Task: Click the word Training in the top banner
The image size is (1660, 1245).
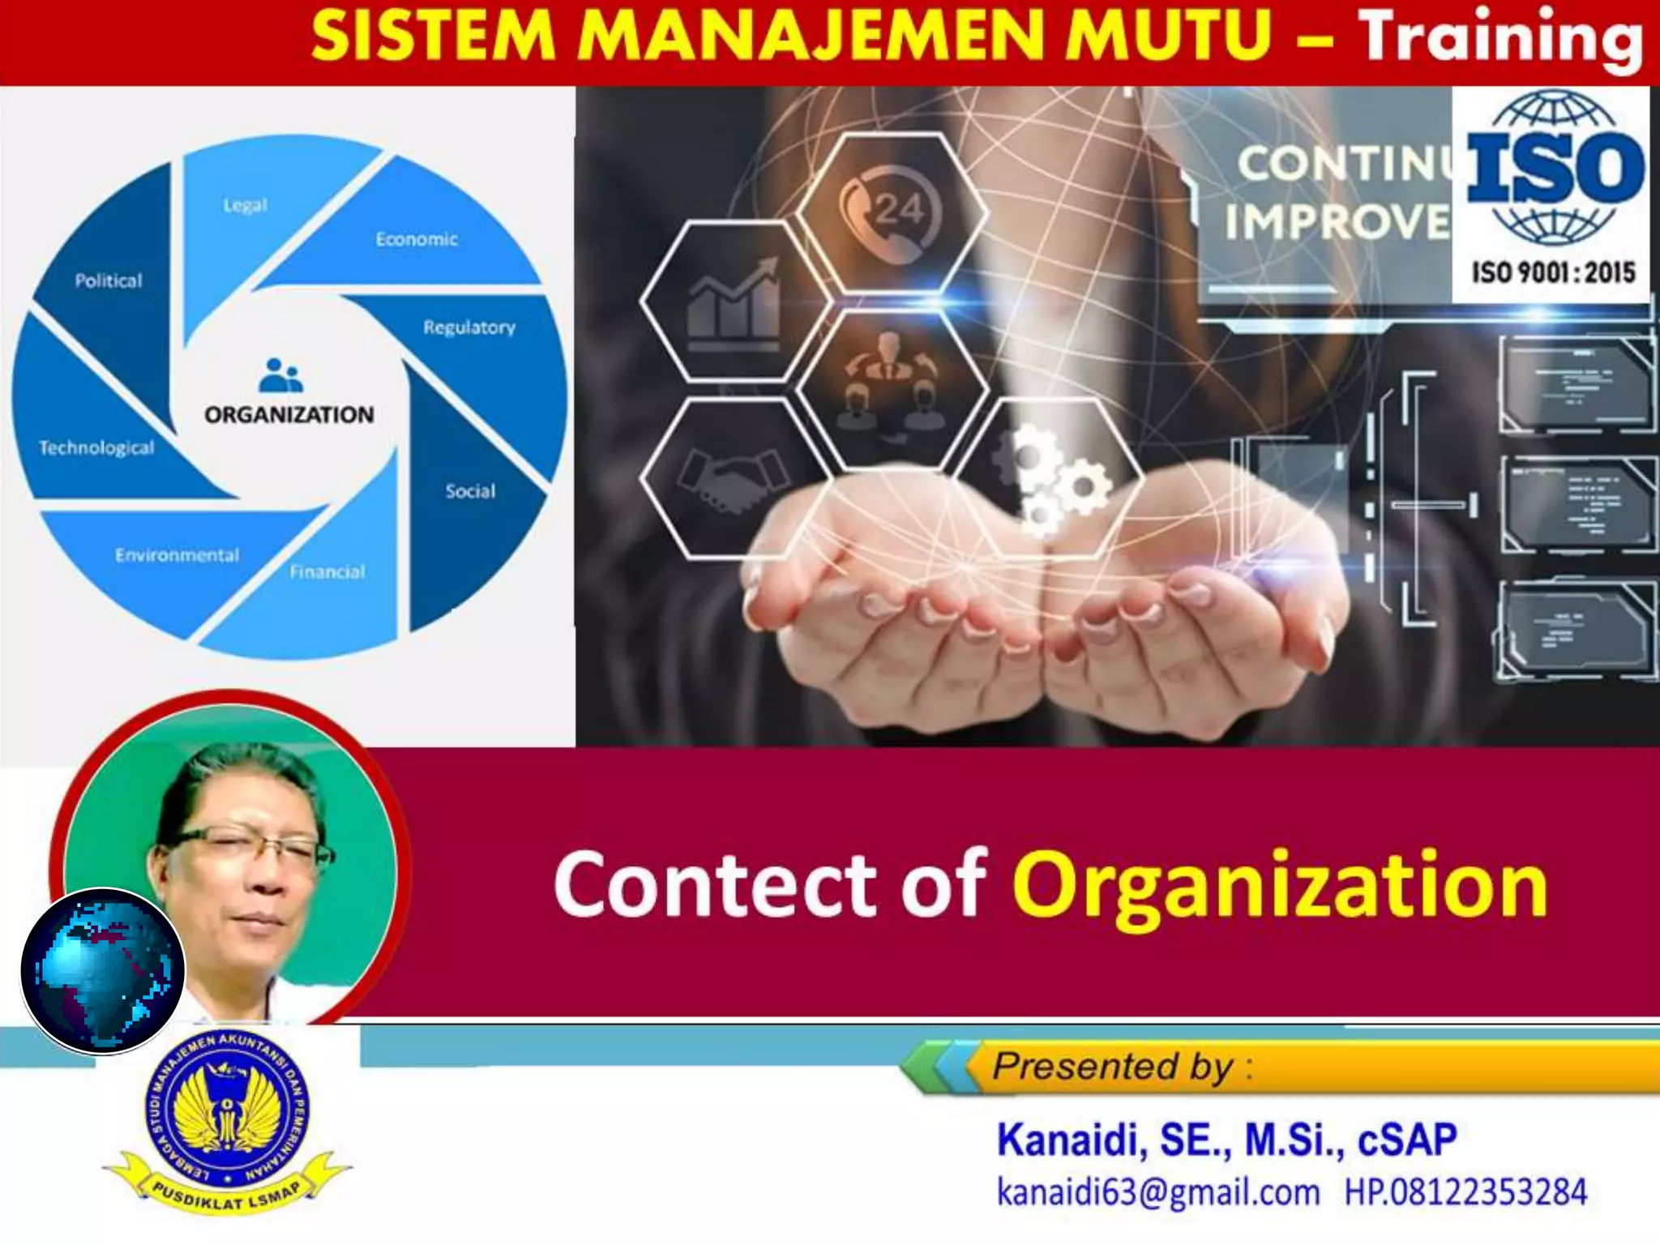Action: [1500, 39]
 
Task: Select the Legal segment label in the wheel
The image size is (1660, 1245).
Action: [245, 205]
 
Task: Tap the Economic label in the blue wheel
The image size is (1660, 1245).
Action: [417, 240]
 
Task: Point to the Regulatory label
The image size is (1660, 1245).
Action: [469, 327]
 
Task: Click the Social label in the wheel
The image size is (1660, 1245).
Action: [470, 491]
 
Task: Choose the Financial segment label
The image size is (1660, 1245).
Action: [327, 572]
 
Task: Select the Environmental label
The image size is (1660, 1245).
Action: [177, 555]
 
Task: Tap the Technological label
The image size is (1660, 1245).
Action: [96, 448]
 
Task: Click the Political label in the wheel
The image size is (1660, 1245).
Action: [109, 281]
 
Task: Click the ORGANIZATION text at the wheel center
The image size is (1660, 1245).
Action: [289, 415]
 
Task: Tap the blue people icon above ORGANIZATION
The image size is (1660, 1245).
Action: [280, 375]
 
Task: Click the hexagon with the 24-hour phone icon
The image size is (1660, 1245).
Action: [891, 212]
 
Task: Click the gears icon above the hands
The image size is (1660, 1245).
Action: [1050, 478]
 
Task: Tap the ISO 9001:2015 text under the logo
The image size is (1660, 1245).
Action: [1553, 272]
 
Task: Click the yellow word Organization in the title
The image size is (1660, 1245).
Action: [1279, 885]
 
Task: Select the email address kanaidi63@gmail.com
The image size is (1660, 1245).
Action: [1157, 1192]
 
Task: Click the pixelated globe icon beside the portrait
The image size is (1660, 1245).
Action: [102, 970]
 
